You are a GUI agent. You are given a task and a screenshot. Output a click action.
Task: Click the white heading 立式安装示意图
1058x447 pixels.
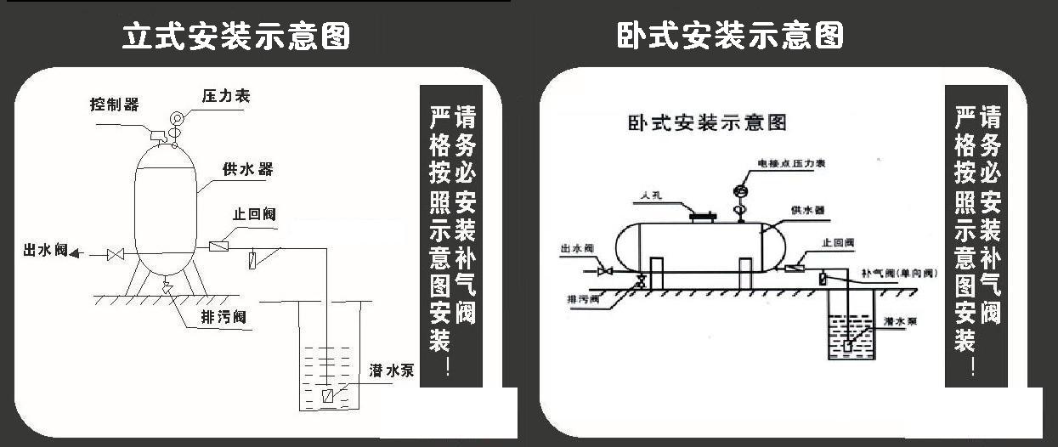click(x=235, y=37)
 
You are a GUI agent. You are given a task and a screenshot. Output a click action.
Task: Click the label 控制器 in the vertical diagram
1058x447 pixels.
click(x=115, y=105)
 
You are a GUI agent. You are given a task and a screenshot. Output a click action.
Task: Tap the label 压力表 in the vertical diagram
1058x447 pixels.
click(x=226, y=96)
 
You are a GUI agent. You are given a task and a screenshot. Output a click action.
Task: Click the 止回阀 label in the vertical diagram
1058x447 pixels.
click(x=254, y=214)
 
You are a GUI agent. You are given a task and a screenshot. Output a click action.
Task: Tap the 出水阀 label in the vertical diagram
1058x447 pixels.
click(x=44, y=251)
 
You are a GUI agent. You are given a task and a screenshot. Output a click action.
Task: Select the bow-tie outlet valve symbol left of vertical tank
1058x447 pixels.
click(x=116, y=254)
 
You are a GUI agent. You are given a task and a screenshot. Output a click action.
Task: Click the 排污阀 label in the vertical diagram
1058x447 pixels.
click(x=223, y=317)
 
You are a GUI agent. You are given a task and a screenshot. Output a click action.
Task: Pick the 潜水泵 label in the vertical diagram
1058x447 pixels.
click(x=392, y=371)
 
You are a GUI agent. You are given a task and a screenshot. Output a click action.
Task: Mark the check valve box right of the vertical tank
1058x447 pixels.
click(x=219, y=246)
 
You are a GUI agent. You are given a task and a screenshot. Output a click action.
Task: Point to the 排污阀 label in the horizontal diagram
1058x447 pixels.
click(x=583, y=300)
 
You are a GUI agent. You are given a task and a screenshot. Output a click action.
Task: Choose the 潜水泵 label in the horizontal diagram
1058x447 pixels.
click(x=898, y=321)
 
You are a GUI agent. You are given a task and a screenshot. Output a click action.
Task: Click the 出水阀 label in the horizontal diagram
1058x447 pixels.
click(x=576, y=249)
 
